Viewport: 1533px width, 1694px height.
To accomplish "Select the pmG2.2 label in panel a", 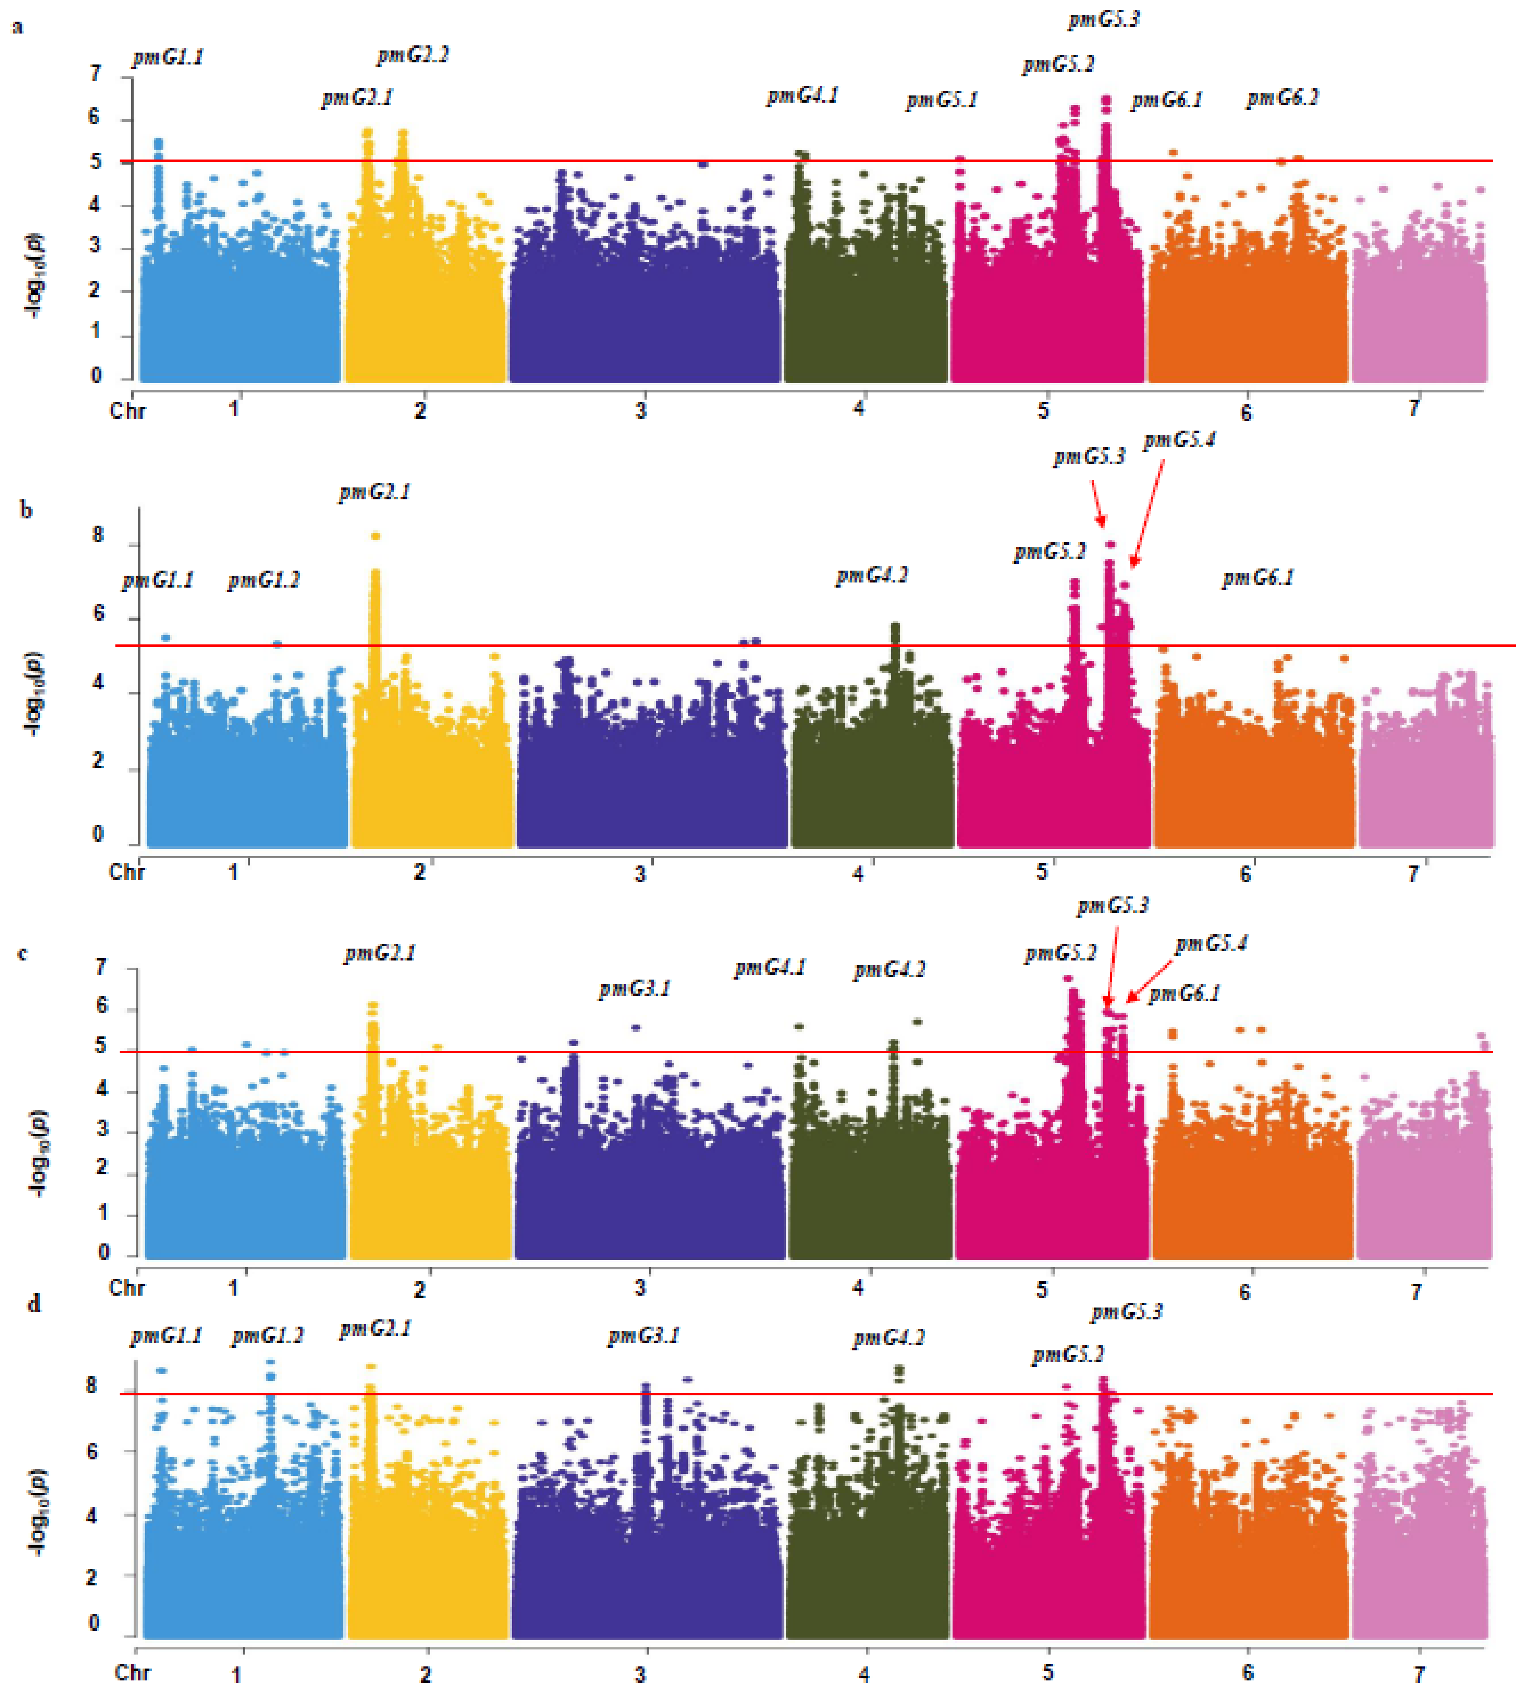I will [412, 56].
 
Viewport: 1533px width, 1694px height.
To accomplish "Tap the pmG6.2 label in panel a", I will [1282, 98].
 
